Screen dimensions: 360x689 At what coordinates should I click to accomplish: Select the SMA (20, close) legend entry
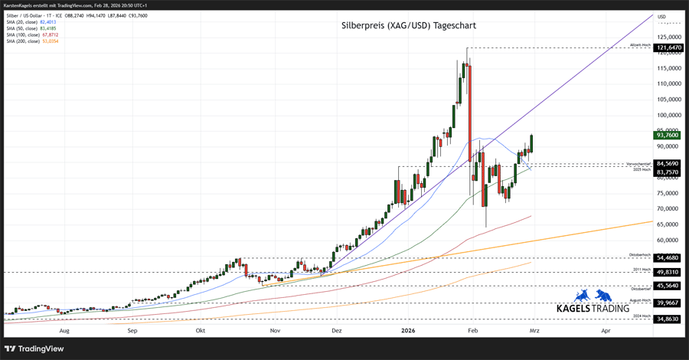click(x=31, y=22)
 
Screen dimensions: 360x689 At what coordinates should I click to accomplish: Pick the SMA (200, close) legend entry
click(x=31, y=41)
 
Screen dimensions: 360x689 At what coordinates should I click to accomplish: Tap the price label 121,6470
click(x=669, y=47)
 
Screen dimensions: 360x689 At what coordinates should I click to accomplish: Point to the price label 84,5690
click(x=669, y=163)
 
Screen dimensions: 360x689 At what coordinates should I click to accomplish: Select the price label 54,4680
click(x=669, y=258)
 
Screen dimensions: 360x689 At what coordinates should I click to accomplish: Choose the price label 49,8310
click(x=669, y=272)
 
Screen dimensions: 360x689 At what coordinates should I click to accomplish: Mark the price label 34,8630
click(x=669, y=319)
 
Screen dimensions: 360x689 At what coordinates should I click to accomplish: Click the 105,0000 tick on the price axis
click(x=669, y=100)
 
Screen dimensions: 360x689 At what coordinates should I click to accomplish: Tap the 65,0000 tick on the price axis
click(x=669, y=224)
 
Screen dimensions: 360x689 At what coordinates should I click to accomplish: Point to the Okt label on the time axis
click(x=201, y=331)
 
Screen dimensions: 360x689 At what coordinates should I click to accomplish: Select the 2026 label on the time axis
click(x=408, y=331)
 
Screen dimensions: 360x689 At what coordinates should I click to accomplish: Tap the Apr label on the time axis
click(x=606, y=331)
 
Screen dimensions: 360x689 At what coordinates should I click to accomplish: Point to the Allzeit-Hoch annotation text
click(x=640, y=45)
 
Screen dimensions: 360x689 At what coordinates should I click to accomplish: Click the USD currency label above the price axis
click(x=662, y=17)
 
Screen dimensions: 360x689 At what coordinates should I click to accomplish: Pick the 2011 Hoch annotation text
click(x=642, y=270)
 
